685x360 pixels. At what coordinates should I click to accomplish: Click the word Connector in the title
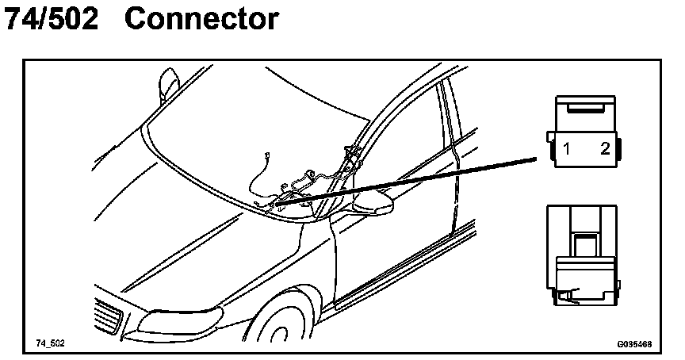click(x=201, y=18)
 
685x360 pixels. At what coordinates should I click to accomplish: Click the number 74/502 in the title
click(x=52, y=18)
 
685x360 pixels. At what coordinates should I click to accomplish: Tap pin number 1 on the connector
click(x=568, y=148)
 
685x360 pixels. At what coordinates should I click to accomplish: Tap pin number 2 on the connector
click(x=604, y=148)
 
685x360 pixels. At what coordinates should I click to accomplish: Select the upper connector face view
click(x=586, y=131)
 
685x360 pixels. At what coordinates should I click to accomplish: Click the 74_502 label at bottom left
click(x=50, y=343)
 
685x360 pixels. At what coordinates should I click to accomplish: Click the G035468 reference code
click(x=634, y=344)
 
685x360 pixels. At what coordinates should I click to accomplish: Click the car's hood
click(x=198, y=246)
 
